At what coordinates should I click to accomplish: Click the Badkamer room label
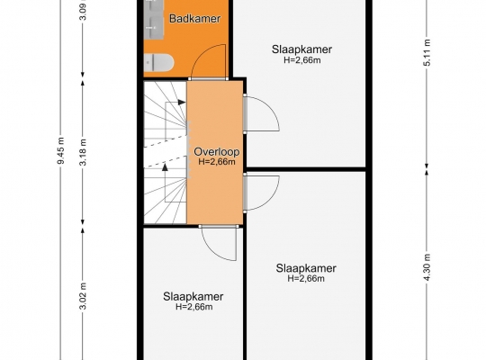[x=195, y=19]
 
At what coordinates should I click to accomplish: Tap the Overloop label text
[x=217, y=152]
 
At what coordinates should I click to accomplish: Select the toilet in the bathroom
[x=158, y=62]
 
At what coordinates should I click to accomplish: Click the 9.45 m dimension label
[x=61, y=150]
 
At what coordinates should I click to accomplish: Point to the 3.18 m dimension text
[x=83, y=152]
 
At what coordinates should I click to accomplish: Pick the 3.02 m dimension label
[x=83, y=296]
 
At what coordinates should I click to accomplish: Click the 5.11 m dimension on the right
[x=427, y=52]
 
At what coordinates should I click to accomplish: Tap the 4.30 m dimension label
[x=427, y=267]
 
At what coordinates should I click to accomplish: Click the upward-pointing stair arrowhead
[x=166, y=167]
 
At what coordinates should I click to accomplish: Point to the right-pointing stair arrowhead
[x=182, y=102]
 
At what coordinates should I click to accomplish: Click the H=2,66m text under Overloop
[x=217, y=162]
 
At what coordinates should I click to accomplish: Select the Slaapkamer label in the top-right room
[x=301, y=49]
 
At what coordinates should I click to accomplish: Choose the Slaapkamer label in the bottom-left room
[x=193, y=296]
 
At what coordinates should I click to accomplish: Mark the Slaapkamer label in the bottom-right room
[x=306, y=268]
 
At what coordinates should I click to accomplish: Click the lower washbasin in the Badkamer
[x=154, y=29]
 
